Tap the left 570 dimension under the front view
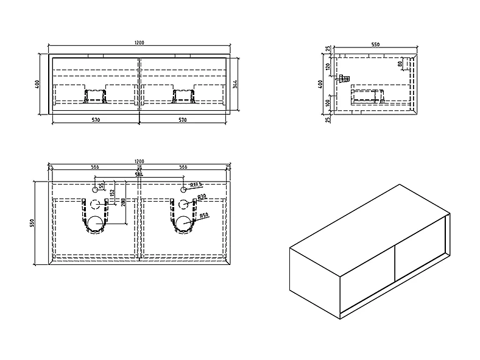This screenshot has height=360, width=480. [x=96, y=120]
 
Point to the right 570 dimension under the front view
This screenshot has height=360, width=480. [x=183, y=120]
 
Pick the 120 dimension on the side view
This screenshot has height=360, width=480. [x=328, y=67]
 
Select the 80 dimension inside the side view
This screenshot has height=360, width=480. [x=400, y=63]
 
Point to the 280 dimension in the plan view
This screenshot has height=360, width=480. [x=123, y=202]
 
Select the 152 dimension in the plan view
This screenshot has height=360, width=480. [x=111, y=194]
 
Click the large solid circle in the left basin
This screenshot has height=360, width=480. [x=96, y=224]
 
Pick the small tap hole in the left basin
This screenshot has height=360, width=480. [x=95, y=189]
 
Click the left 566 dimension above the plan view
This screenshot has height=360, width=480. [x=95, y=166]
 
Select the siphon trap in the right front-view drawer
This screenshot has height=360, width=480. [x=183, y=95]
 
